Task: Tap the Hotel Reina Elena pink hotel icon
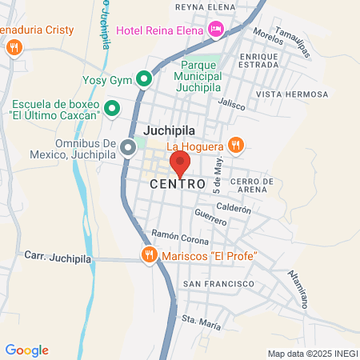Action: point(216,30)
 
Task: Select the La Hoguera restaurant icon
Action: point(234,145)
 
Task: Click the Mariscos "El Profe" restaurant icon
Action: point(148,255)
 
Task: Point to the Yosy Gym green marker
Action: point(144,79)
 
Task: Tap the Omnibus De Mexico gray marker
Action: point(128,148)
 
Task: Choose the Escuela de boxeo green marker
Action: point(113,107)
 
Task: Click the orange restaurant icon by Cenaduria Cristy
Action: point(13,48)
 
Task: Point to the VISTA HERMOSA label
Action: point(292,94)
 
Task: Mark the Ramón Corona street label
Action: point(180,237)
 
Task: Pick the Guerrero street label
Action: point(211,216)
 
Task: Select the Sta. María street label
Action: point(201,321)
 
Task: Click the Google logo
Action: point(26,350)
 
